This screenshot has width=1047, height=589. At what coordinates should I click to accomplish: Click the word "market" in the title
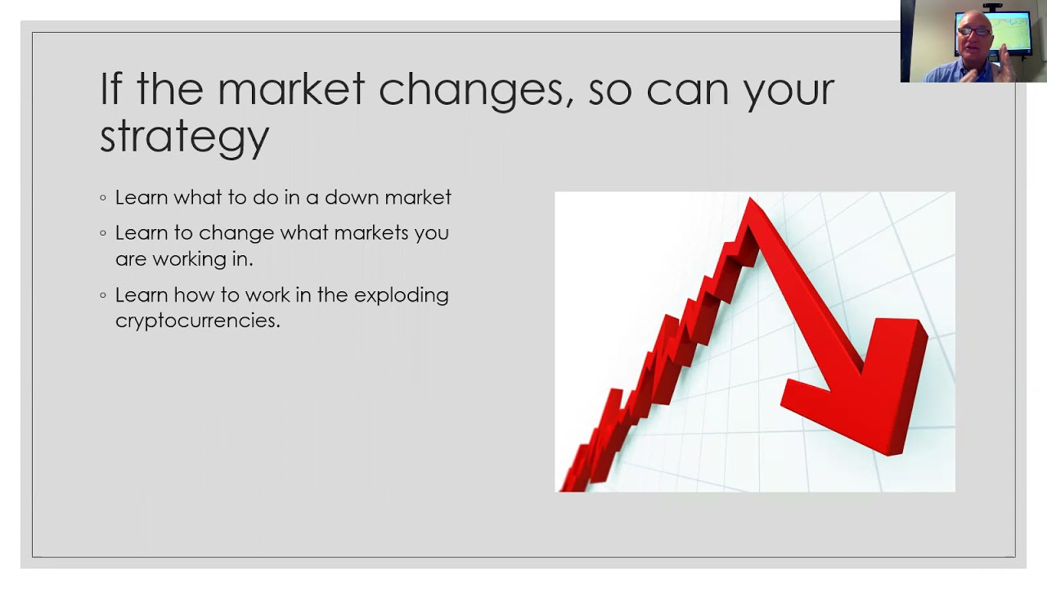tap(290, 88)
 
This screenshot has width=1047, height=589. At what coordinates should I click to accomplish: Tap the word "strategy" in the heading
tap(184, 137)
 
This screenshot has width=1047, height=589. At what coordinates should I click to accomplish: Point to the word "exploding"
tap(401, 296)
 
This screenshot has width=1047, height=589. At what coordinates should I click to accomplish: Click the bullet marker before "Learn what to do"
tap(103, 198)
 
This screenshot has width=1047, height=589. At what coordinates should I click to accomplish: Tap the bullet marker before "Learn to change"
tap(103, 233)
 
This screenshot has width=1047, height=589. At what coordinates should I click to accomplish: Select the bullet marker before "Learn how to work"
tap(103, 295)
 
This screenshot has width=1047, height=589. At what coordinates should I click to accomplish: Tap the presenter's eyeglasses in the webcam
tap(974, 32)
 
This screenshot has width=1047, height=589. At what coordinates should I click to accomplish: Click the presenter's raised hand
tap(1005, 63)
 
